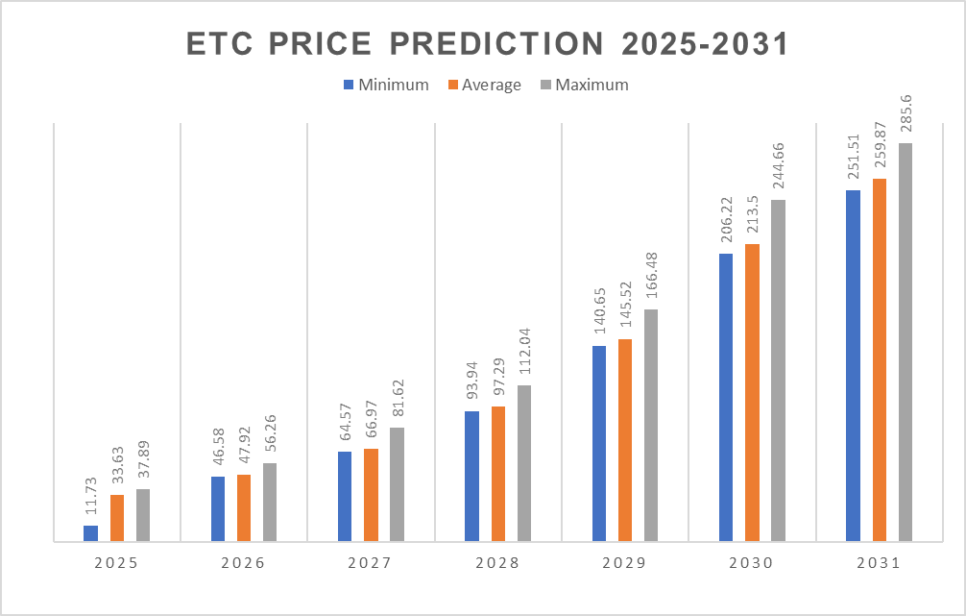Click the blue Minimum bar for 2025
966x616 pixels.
click(90, 533)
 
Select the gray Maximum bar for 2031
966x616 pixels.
click(906, 342)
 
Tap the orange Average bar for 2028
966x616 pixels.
click(497, 474)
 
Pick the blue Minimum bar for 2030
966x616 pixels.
click(726, 397)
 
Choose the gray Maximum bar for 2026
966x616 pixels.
click(270, 503)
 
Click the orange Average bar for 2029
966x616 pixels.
click(625, 440)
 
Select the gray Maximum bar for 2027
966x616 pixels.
click(397, 484)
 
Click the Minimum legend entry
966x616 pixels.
click(385, 85)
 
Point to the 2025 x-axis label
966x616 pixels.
click(116, 564)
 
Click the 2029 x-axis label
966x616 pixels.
click(624, 564)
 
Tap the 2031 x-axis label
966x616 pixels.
click(878, 564)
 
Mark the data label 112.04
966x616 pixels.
click(523, 353)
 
